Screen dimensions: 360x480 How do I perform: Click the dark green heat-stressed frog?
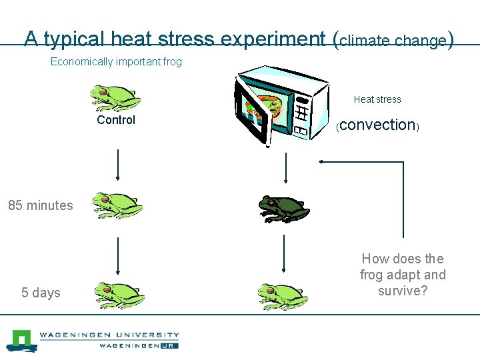284,209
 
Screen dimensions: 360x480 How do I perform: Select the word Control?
116,120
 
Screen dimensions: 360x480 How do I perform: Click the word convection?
377,125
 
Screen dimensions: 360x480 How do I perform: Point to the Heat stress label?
377,99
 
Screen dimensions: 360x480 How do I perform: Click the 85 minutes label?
41,205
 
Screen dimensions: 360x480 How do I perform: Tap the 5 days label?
41,293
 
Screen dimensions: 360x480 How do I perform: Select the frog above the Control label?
115,97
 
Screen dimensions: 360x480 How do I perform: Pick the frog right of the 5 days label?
119,295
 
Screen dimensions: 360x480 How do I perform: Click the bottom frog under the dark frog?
283,296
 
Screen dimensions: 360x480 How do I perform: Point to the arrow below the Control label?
118,165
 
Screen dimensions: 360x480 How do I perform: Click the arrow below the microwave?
285,167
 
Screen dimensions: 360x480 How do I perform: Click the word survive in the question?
403,291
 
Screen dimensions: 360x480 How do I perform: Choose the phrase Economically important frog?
116,62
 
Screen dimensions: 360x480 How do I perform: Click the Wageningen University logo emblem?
21,340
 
